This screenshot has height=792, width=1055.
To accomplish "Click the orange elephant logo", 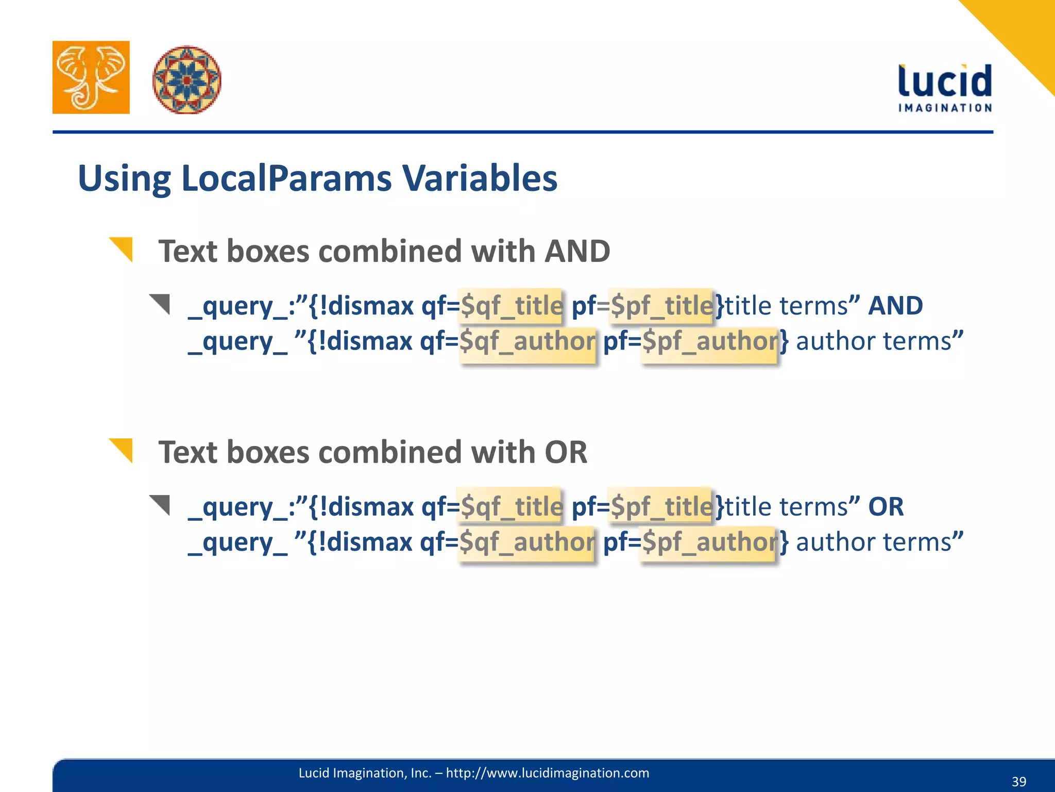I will click(x=91, y=77).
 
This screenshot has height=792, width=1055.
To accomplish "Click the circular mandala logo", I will click(x=186, y=79).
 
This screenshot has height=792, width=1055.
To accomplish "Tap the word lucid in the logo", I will click(x=945, y=81).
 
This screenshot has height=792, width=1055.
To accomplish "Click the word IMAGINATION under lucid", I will click(x=945, y=108).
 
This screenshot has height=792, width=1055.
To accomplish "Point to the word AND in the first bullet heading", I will click(x=577, y=251).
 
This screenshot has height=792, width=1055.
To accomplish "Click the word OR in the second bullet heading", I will click(x=566, y=452).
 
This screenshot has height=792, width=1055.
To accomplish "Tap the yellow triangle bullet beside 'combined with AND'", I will click(x=122, y=249).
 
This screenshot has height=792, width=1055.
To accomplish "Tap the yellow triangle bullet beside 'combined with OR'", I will click(x=122, y=450).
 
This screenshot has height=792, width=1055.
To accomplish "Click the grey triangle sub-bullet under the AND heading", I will click(x=161, y=303).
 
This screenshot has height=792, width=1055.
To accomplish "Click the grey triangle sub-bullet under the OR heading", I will click(x=161, y=504).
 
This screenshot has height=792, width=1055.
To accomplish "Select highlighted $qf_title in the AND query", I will click(x=511, y=306).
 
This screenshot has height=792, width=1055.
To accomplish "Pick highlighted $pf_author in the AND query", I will click(x=710, y=341).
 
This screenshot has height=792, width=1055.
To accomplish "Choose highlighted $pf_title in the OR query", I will click(x=661, y=507).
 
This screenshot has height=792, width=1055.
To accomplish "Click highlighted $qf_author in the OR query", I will click(x=526, y=542).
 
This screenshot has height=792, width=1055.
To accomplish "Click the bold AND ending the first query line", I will click(x=895, y=306).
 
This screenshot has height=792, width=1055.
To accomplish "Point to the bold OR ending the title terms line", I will click(x=886, y=507).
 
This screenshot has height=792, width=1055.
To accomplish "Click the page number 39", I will click(x=1018, y=781).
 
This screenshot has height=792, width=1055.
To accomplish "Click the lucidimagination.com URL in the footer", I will click(x=547, y=773).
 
